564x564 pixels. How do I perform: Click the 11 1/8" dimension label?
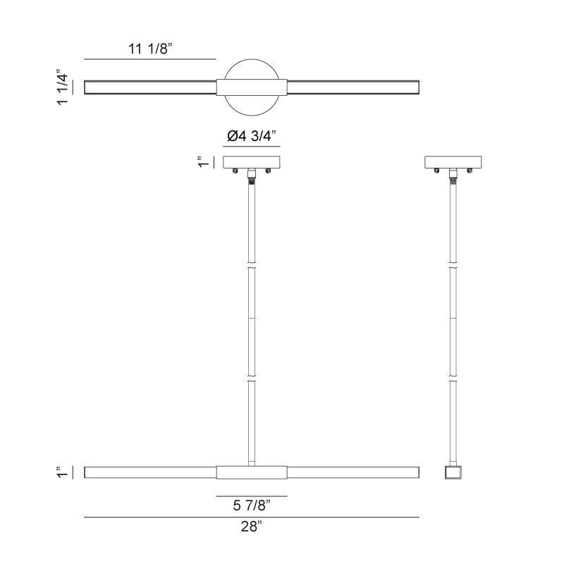(x=150, y=49)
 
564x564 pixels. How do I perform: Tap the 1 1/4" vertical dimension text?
(x=63, y=87)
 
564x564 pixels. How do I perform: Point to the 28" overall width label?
(x=251, y=526)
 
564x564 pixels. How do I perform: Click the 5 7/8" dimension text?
(x=251, y=505)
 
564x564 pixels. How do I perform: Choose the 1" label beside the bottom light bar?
(x=63, y=472)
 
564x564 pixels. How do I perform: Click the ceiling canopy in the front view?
(x=252, y=161)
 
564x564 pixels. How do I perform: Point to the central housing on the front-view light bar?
(x=252, y=472)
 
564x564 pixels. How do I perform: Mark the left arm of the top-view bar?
(x=150, y=87)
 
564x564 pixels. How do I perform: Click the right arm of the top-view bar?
(x=352, y=87)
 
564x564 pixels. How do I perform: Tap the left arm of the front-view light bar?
(x=150, y=472)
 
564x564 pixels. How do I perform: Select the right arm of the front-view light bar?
(x=352, y=472)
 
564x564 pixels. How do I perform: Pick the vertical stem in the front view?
(x=252, y=317)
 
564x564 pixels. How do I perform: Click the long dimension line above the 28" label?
(x=252, y=517)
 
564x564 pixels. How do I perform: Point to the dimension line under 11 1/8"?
(x=150, y=59)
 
